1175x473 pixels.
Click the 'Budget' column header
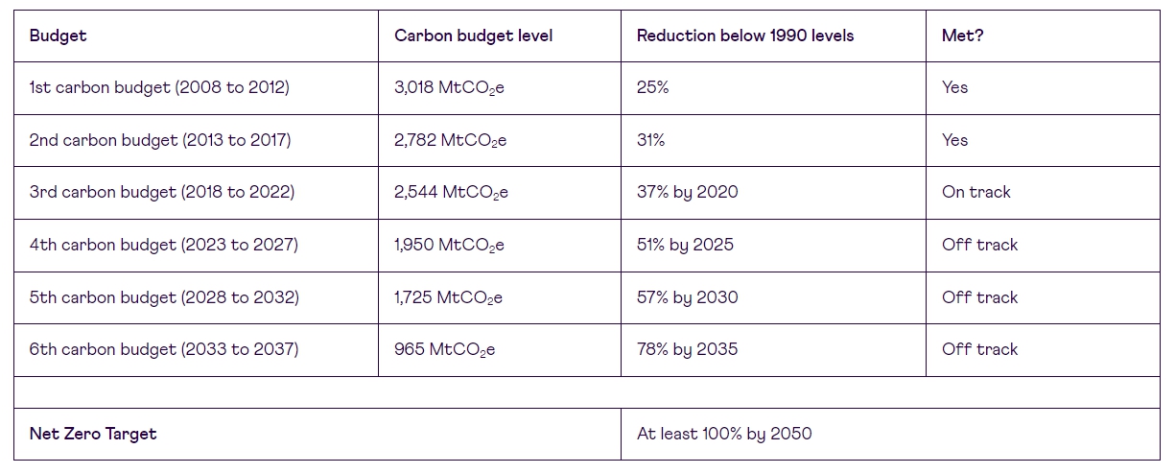(58, 35)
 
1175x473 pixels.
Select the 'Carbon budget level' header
(473, 35)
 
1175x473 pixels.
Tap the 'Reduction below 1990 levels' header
(744, 35)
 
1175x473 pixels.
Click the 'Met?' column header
(962, 35)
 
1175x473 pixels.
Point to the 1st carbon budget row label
(159, 87)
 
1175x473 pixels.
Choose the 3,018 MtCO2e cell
(449, 87)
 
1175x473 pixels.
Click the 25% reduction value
(652, 87)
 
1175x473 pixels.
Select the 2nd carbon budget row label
(160, 140)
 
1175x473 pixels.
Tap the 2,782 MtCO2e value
(450, 140)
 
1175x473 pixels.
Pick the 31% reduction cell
(650, 140)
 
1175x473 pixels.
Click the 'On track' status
(975, 192)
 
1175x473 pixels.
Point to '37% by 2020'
(687, 192)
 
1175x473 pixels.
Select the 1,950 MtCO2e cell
(449, 245)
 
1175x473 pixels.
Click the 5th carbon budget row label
(164, 297)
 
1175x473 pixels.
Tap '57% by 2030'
(687, 297)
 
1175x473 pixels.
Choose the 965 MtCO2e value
(444, 349)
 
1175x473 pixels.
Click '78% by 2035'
(687, 349)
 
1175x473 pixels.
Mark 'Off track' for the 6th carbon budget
(979, 349)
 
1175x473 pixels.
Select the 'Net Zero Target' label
(93, 434)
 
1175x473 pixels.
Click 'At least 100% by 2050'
(723, 434)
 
